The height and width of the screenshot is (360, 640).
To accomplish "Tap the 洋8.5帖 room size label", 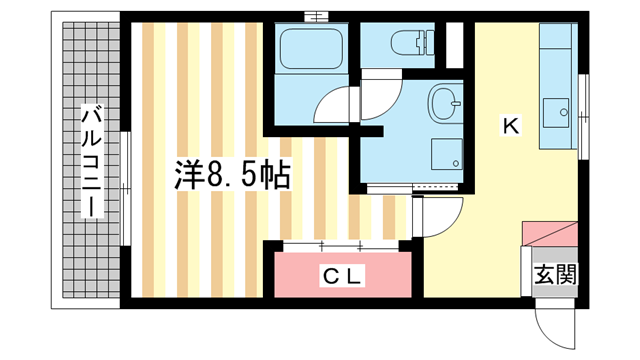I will click(x=228, y=177).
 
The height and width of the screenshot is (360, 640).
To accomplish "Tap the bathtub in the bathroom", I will click(x=310, y=49).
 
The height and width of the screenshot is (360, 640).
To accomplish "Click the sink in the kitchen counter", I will click(x=556, y=111).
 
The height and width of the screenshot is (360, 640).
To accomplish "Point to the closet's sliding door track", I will click(x=340, y=245).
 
